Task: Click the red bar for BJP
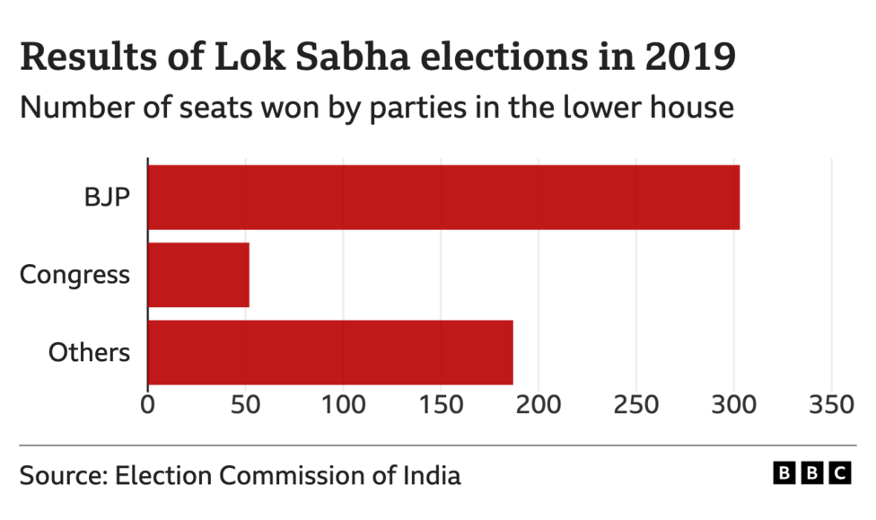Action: click(443, 197)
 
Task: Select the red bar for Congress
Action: click(198, 275)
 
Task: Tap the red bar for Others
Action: click(330, 352)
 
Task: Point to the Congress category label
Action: click(75, 275)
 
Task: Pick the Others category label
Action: click(90, 352)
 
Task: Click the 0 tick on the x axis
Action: click(147, 405)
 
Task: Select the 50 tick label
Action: click(245, 405)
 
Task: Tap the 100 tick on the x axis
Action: click(343, 405)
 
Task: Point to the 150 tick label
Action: click(441, 405)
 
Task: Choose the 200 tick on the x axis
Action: click(539, 405)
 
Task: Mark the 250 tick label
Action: click(636, 405)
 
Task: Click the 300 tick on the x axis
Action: click(734, 405)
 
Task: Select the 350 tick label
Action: click(832, 405)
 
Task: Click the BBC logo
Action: click(811, 473)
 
